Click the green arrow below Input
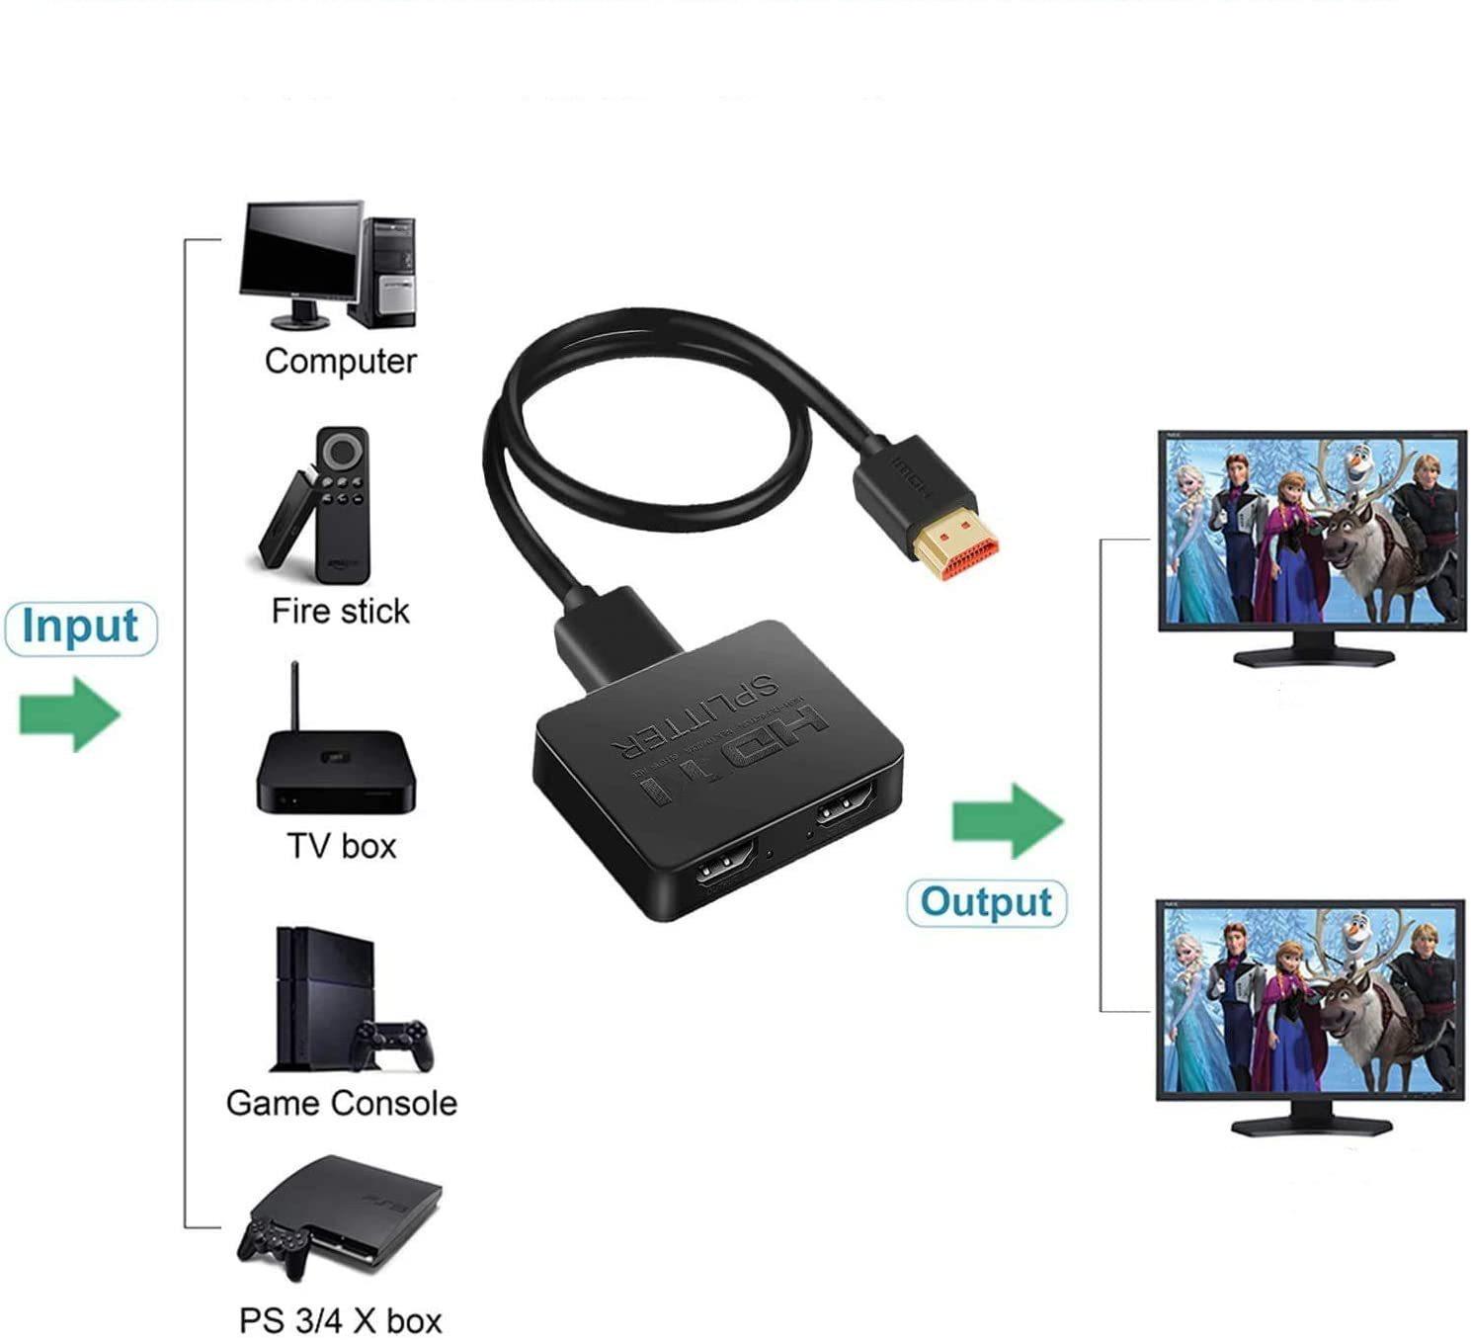69,713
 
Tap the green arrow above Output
1007,820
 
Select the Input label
80,628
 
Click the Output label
986,902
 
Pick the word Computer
341,362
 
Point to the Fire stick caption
340,612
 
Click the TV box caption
341,846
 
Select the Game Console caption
341,1103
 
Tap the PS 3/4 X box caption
341,1320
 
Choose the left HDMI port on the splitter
726,875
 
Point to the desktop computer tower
387,272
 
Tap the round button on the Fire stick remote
342,453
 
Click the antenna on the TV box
294,697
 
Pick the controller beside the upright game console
395,1044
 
